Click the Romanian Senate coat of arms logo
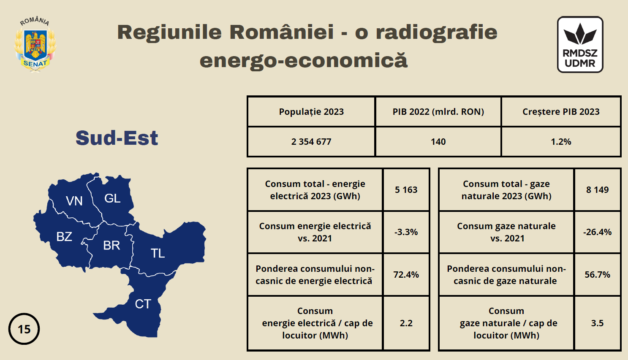tap(35, 45)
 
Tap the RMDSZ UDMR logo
tap(580, 45)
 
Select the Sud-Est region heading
tap(117, 138)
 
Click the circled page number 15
tap(24, 329)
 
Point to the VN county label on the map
tap(74, 201)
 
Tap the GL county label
tap(112, 198)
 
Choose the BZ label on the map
tap(64, 237)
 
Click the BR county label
tap(111, 246)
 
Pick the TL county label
tap(158, 253)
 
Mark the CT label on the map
tap(143, 304)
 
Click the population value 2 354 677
tap(311, 142)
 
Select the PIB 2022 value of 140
tap(438, 142)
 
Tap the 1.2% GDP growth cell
tap(561, 142)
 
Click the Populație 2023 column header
tap(311, 112)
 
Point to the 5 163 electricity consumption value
tap(406, 190)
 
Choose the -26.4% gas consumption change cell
tap(598, 232)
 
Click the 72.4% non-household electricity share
tap(406, 275)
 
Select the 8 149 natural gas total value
tap(598, 190)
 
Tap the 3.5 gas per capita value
tap(598, 323)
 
